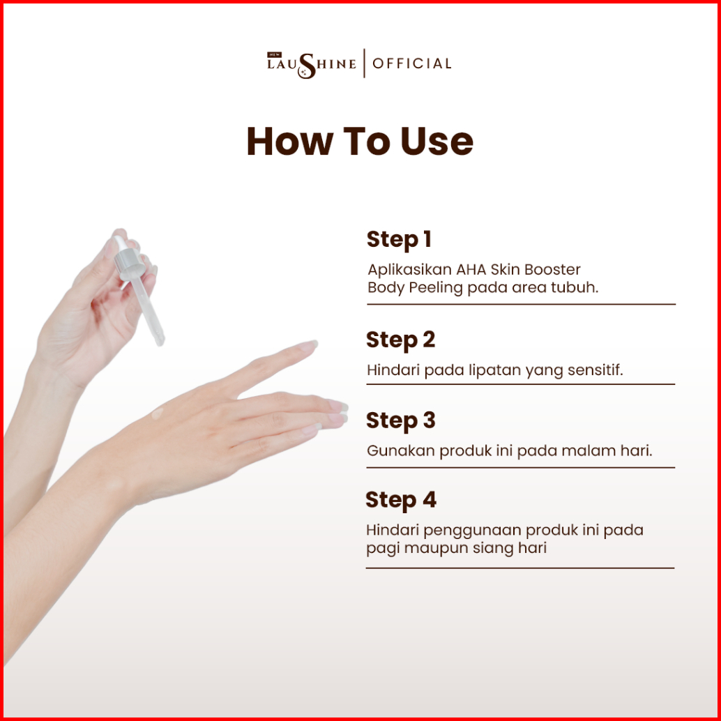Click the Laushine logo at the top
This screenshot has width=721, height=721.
311,64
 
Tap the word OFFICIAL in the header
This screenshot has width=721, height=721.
411,63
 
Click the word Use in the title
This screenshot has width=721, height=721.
437,141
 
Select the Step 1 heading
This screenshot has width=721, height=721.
399,240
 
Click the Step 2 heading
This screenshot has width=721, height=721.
400,340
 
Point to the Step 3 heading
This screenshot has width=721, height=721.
400,420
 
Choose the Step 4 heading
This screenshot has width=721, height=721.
400,500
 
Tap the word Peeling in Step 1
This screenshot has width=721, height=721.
435,288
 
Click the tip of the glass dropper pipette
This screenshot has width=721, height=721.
160,342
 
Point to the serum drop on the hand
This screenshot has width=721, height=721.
158,413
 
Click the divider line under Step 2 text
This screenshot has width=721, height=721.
520,384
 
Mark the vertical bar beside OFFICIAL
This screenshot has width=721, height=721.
364,63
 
